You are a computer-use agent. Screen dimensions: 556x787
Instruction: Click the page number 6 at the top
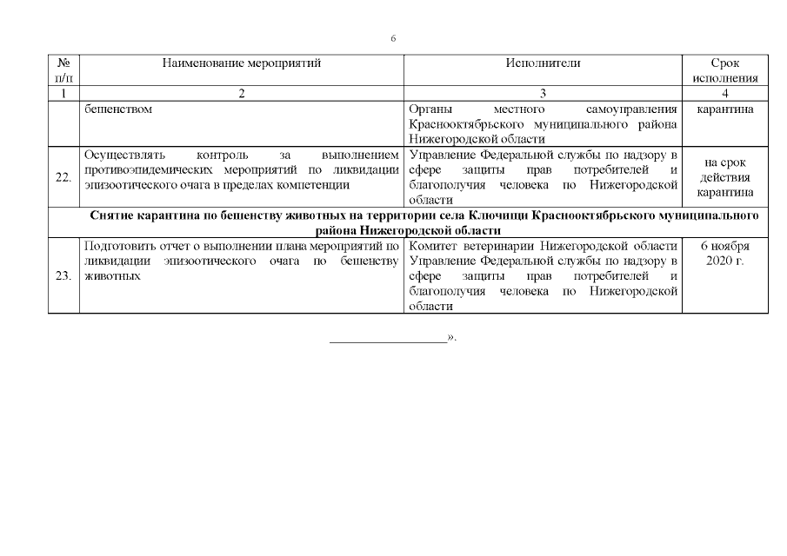click(x=393, y=38)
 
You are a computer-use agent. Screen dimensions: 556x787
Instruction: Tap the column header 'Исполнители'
click(x=543, y=63)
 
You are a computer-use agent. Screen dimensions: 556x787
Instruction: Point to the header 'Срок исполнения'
click(x=724, y=70)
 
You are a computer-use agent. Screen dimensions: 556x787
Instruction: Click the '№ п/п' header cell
click(x=63, y=70)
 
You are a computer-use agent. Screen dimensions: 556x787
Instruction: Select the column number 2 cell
click(x=242, y=93)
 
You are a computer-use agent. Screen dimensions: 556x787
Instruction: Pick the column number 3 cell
click(x=543, y=93)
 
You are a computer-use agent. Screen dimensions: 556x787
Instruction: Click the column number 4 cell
click(x=724, y=93)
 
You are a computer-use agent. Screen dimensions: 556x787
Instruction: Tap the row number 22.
click(x=63, y=177)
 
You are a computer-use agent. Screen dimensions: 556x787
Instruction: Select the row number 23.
click(x=63, y=276)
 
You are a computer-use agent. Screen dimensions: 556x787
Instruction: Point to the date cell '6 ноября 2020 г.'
click(x=724, y=254)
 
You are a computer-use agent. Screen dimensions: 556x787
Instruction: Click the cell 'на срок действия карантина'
click(x=724, y=177)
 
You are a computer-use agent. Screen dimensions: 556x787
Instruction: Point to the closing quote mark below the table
click(x=450, y=336)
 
